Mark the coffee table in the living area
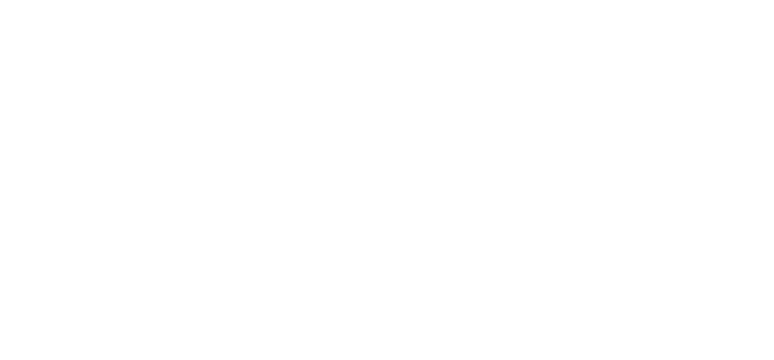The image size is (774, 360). [x=352, y=247]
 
